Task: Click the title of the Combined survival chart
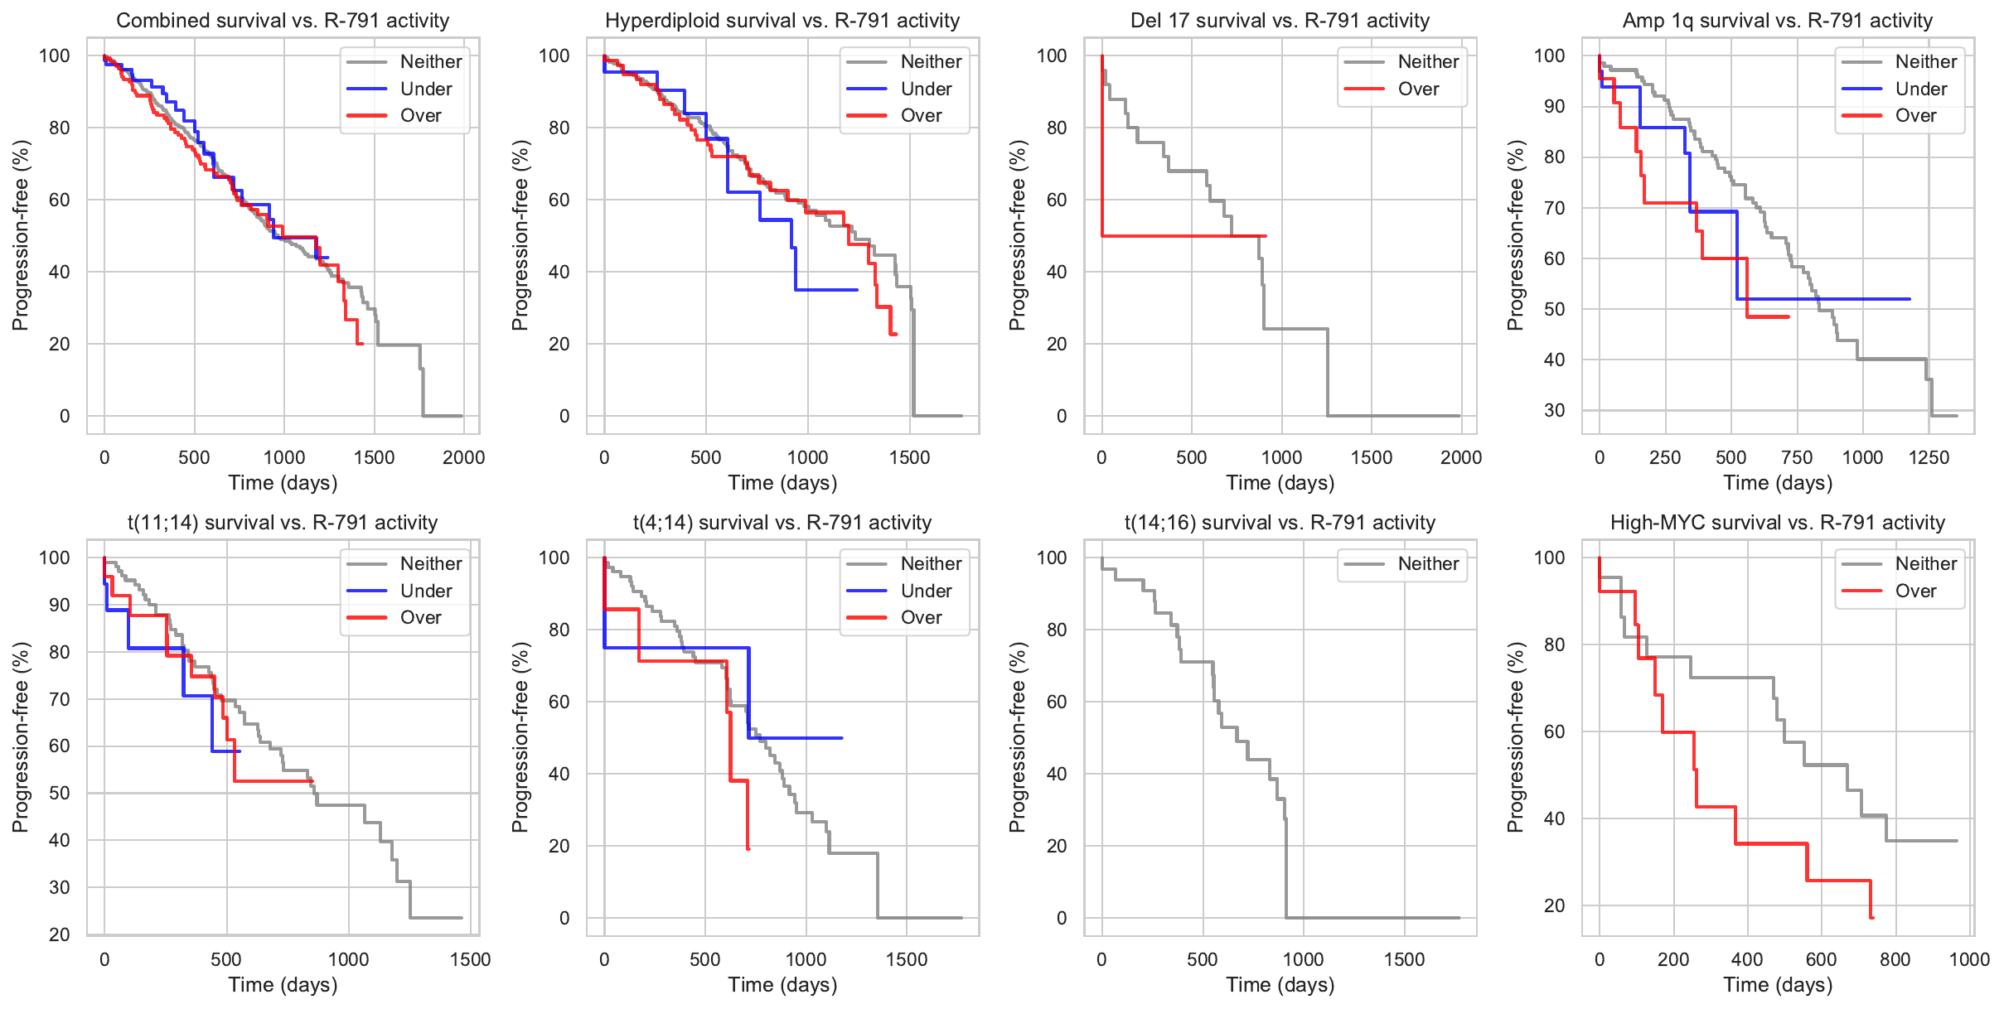click(283, 21)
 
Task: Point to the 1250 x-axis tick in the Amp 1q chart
click(1929, 457)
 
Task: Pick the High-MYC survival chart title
click(1777, 523)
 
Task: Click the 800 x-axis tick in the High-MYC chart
click(1895, 959)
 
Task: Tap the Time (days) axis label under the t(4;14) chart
click(782, 985)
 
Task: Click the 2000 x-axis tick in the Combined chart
click(463, 457)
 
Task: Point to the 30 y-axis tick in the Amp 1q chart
click(1554, 411)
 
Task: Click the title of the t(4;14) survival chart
click(782, 523)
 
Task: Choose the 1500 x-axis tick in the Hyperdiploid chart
click(909, 457)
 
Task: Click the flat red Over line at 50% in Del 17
click(1177, 236)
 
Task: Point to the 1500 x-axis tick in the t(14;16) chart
click(1404, 959)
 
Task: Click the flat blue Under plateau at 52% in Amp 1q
click(1823, 299)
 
